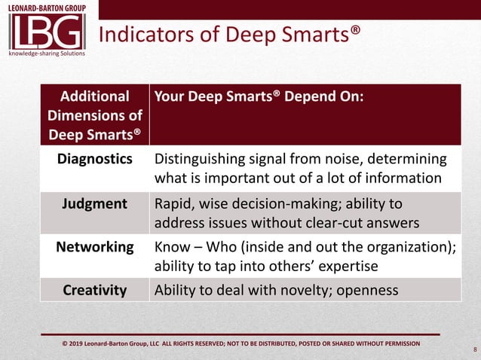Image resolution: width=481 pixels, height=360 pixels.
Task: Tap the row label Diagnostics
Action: click(x=95, y=160)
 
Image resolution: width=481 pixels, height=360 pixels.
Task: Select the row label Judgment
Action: click(x=95, y=203)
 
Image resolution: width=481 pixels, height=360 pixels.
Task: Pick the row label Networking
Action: click(x=95, y=247)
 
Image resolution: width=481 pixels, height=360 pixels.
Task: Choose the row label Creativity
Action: click(x=95, y=290)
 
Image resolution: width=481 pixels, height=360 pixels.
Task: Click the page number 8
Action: click(x=474, y=349)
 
